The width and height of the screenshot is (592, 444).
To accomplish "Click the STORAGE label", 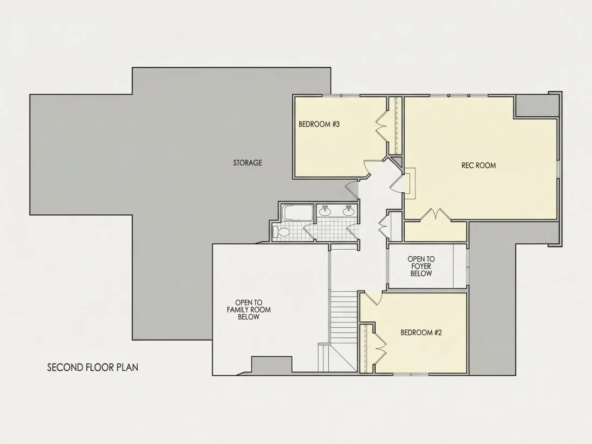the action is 248,163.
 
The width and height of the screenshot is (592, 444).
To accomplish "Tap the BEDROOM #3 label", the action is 319,124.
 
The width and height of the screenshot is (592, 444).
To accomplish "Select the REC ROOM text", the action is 478,165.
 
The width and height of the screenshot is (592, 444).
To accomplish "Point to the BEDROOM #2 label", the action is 421,333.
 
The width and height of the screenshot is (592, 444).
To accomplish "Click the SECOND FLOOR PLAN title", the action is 93,368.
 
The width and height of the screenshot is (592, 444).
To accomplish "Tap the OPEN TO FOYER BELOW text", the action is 421,266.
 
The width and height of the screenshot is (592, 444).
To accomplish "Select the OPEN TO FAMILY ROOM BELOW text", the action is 249,309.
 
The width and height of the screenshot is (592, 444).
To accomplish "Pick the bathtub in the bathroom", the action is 298,213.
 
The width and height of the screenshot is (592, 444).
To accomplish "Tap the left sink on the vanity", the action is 325,211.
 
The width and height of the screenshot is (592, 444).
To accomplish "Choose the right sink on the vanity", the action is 348,211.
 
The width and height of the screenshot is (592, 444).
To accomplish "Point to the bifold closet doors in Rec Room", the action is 435,214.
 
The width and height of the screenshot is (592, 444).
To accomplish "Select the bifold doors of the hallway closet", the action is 383,226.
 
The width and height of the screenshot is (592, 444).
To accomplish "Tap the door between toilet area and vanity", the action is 308,232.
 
